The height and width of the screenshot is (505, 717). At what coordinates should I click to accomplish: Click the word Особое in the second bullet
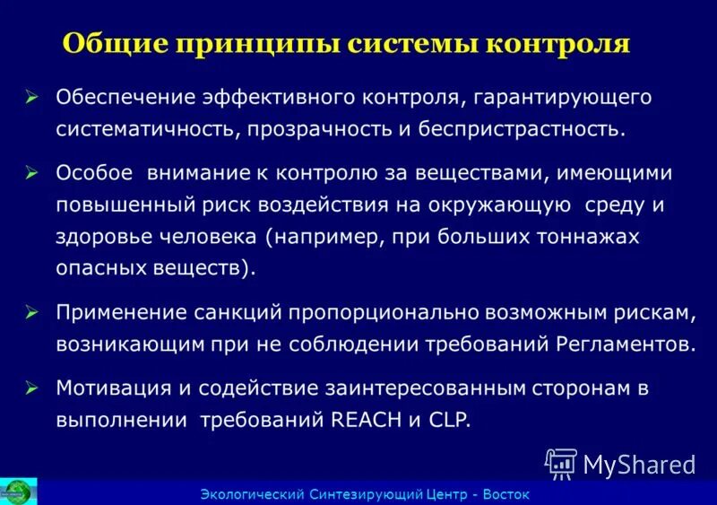[x=94, y=171]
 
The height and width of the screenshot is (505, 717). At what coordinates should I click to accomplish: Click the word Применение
[x=120, y=313]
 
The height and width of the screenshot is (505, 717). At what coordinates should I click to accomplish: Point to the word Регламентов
[x=626, y=344]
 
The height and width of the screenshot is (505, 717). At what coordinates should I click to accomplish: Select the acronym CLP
[x=448, y=419]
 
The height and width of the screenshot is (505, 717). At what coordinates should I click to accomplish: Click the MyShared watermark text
[x=639, y=464]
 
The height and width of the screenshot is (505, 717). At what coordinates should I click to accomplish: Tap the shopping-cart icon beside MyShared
[x=560, y=463]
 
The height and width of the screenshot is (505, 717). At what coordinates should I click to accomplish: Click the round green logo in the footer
[x=16, y=492]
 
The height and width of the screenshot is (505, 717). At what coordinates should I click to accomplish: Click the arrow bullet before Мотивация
[x=32, y=388]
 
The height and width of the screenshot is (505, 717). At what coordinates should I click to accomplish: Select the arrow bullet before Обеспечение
[x=32, y=97]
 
